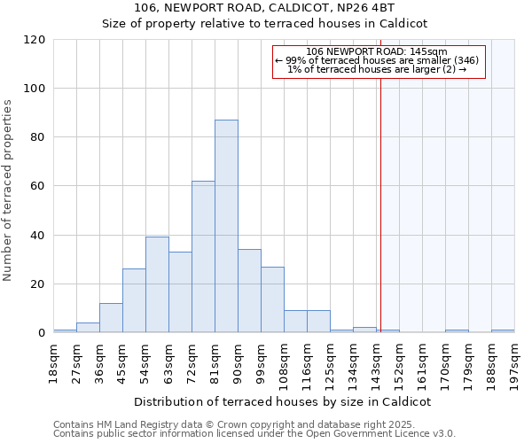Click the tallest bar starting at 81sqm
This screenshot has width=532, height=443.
(226, 226)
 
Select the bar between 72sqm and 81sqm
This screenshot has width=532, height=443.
(203, 257)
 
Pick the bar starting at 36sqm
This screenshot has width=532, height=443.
(111, 318)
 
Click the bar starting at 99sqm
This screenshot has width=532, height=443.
(272, 299)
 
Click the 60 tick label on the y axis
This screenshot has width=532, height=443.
(39, 187)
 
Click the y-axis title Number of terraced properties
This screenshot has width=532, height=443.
(8, 190)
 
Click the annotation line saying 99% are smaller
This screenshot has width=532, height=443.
(378, 60)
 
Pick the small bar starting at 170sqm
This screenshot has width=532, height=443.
(457, 331)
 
